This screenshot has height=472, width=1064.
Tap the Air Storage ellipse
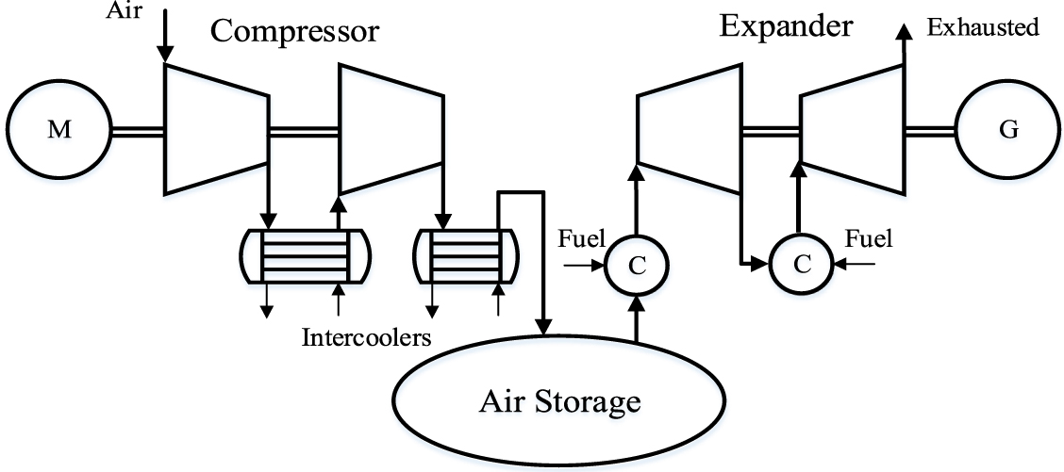point(558,403)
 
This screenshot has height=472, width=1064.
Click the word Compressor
point(294,31)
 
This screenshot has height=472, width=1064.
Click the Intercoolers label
point(366,336)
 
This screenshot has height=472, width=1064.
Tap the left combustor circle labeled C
point(637,265)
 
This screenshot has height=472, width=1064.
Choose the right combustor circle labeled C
point(802,265)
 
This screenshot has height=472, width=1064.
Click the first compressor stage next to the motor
point(215,130)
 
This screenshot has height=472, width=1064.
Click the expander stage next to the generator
point(852,130)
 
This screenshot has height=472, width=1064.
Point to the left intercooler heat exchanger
point(304,255)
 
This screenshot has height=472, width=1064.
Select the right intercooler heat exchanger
point(467,255)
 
